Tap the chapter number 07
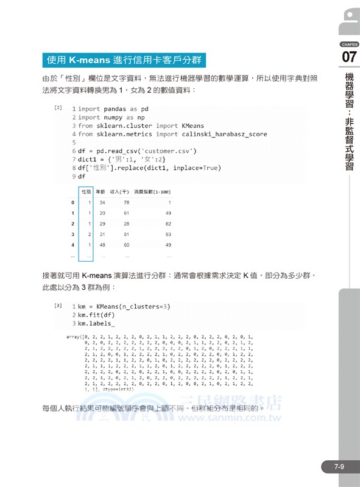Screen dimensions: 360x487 (x=349, y=58)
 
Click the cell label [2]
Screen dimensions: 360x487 (x=58, y=108)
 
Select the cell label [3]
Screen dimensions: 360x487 (x=58, y=305)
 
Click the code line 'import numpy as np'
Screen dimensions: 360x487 (x=113, y=117)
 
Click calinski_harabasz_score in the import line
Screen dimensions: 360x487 (x=231, y=134)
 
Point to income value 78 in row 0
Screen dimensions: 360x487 (x=127, y=203)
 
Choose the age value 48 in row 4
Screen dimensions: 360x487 (x=102, y=245)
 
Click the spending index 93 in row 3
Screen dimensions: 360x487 (x=169, y=234)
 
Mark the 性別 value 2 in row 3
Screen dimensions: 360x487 (x=89, y=234)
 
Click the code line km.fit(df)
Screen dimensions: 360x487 (x=96, y=315)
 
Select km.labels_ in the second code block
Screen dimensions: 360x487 (x=96, y=323)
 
